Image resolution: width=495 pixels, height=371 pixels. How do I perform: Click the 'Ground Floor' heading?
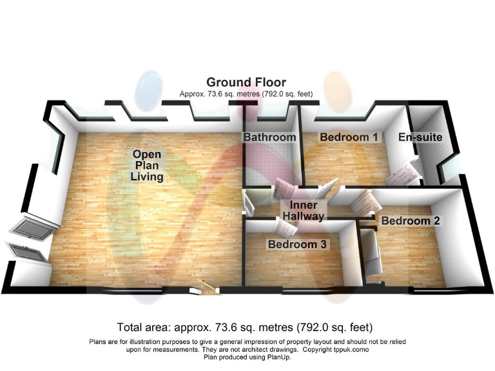click(x=246, y=82)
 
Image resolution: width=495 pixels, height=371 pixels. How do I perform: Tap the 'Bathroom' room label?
click(x=269, y=137)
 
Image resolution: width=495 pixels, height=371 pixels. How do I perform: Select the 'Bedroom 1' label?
click(x=349, y=137)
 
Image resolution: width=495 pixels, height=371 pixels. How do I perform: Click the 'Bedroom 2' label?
click(x=411, y=221)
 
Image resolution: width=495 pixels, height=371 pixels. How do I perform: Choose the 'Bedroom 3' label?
click(x=298, y=245)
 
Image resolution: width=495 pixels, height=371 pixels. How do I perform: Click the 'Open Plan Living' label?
click(x=147, y=165)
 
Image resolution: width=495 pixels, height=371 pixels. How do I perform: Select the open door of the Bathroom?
click(x=284, y=189)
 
